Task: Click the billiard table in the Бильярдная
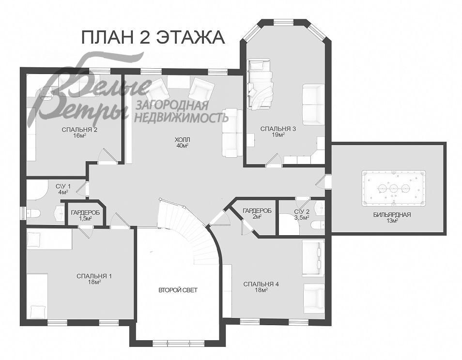coord(394,187)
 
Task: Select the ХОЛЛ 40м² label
coord(183,142)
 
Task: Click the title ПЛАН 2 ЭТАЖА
coord(153,37)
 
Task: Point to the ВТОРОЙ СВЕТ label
coord(178,290)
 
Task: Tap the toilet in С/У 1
coord(33,213)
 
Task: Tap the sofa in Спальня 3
coord(313,104)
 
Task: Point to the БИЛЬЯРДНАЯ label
coord(392,214)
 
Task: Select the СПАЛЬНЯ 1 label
coord(94,276)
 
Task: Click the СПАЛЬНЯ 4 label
coord(261,284)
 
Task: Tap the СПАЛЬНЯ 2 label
coord(79,130)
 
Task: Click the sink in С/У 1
coord(60,212)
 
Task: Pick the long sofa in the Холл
coord(232,133)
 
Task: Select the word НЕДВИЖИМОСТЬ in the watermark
coord(181,117)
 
